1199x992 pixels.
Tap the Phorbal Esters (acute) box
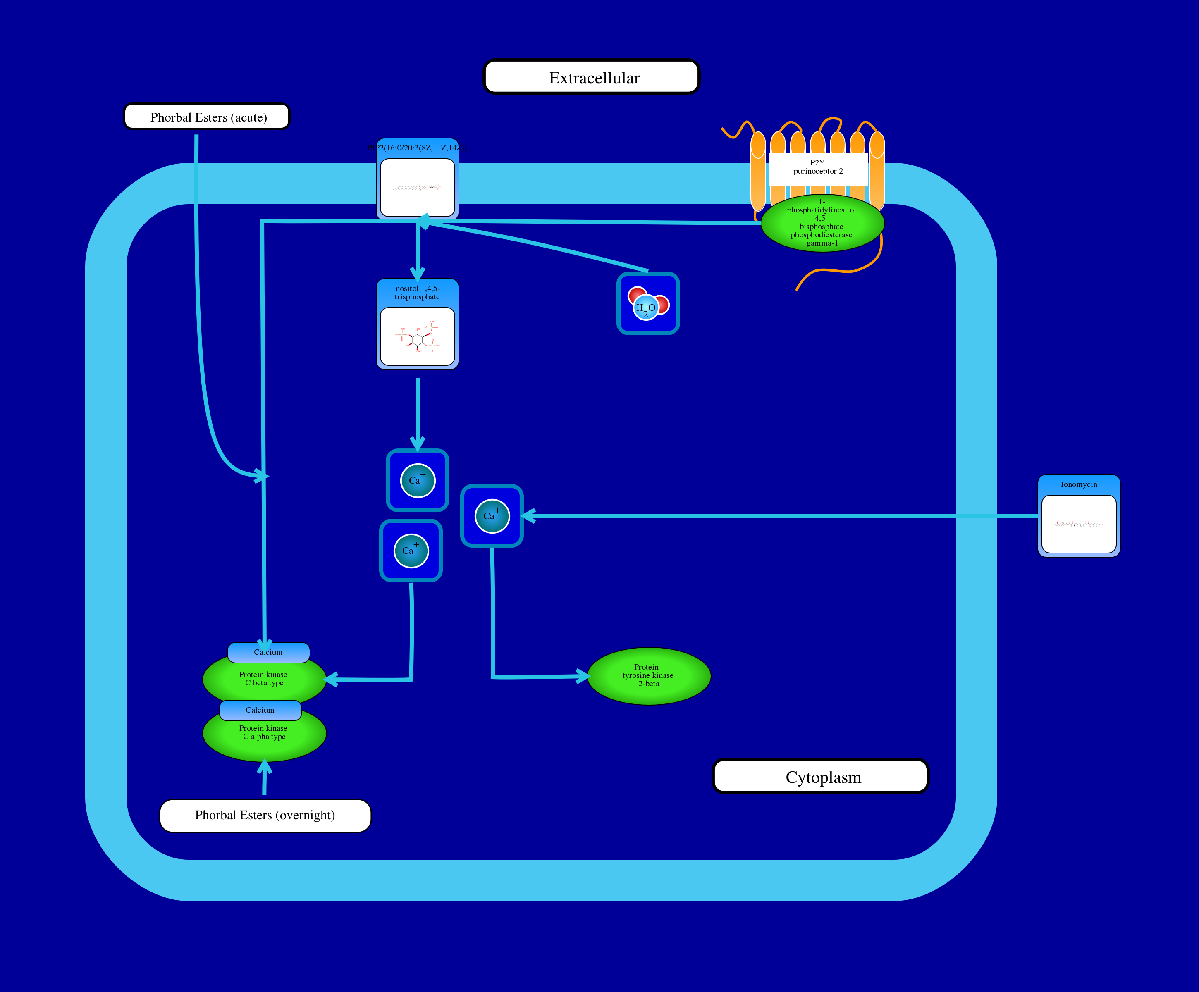[x=207, y=117]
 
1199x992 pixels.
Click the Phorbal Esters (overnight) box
[x=265, y=815]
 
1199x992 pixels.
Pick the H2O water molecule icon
[x=648, y=304]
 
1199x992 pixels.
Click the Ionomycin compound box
[x=1079, y=516]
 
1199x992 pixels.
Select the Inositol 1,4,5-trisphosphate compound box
[x=417, y=324]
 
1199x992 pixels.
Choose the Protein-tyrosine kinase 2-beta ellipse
[x=649, y=676]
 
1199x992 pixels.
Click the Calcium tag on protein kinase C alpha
[x=260, y=710]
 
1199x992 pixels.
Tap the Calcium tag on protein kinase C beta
[x=268, y=652]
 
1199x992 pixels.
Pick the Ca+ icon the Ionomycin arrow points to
[x=492, y=516]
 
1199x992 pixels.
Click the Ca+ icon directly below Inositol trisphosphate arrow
[x=417, y=481]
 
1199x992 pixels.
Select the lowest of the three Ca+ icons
[x=411, y=551]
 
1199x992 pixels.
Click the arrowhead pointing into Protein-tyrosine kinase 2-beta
[x=583, y=676]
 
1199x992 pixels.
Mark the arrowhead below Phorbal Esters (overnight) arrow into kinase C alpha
[x=264, y=768]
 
